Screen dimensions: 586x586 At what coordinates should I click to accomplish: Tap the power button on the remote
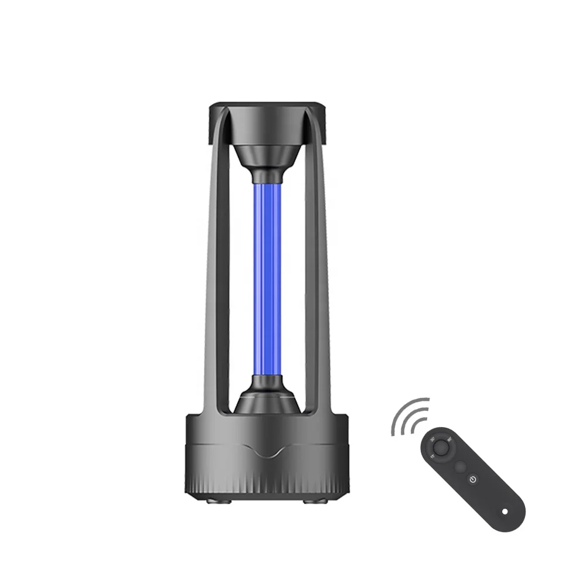click(x=473, y=479)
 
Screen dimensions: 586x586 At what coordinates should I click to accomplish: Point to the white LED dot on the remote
click(x=505, y=512)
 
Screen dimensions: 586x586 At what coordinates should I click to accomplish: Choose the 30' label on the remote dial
click(x=433, y=439)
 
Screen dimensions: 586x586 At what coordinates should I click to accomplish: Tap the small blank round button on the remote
click(x=461, y=466)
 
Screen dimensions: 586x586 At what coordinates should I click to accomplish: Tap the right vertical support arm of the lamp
click(x=319, y=264)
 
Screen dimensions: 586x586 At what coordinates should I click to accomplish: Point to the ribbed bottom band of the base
click(x=267, y=483)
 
